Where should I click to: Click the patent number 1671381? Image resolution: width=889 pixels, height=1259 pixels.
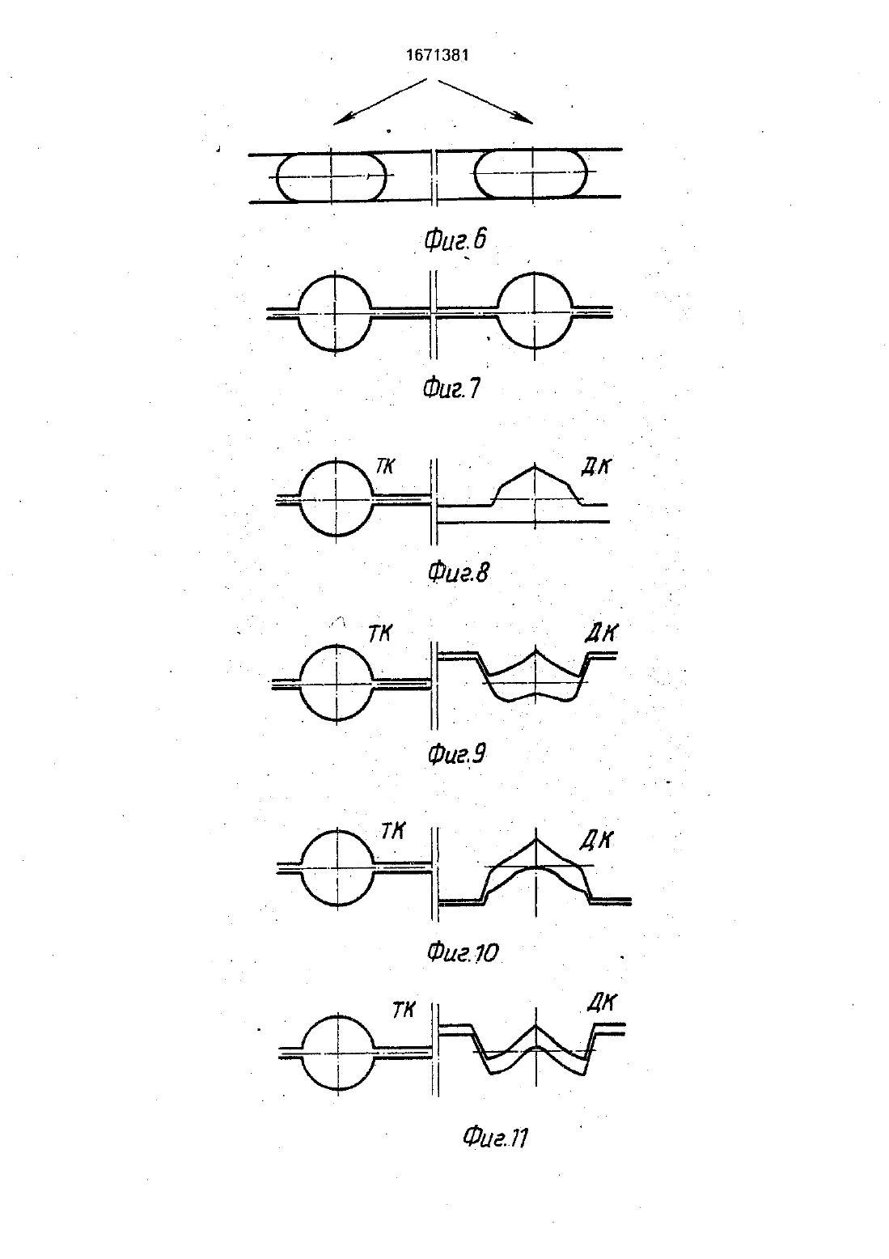(x=437, y=55)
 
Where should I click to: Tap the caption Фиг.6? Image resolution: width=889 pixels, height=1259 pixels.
(x=455, y=240)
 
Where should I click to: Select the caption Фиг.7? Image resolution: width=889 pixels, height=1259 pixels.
(x=452, y=388)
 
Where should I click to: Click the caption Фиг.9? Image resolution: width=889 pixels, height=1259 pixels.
(x=456, y=754)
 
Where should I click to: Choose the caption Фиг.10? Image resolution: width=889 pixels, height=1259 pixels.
(x=463, y=952)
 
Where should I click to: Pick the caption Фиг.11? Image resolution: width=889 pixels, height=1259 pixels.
(x=495, y=1138)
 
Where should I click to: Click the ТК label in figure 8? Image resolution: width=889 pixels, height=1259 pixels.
(x=386, y=466)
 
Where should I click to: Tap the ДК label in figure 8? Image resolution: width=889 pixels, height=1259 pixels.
(x=595, y=467)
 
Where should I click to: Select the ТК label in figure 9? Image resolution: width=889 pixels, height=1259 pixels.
(x=379, y=634)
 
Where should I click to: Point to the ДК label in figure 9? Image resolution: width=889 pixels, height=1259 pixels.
(x=601, y=634)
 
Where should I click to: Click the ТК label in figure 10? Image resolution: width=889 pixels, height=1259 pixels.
(x=393, y=831)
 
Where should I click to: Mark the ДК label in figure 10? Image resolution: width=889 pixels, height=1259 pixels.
(x=596, y=840)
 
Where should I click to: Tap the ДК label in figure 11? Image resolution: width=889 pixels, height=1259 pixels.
(x=603, y=1003)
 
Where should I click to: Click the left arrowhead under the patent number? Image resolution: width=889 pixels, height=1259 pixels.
(x=341, y=119)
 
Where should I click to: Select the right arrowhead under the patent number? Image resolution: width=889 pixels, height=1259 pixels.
(x=525, y=119)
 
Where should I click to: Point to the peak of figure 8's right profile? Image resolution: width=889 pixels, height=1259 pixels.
(x=535, y=466)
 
